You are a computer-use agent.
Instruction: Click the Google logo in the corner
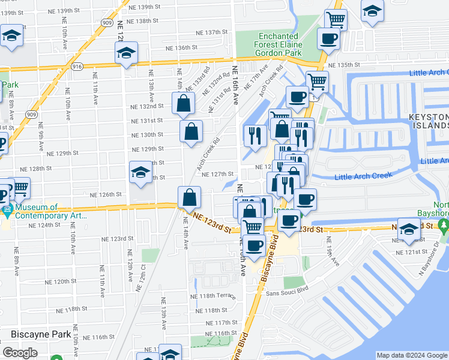(20, 353)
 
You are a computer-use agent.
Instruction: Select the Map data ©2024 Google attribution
(412, 355)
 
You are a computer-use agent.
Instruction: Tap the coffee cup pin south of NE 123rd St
(255, 245)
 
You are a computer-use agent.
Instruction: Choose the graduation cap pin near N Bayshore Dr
(409, 230)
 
